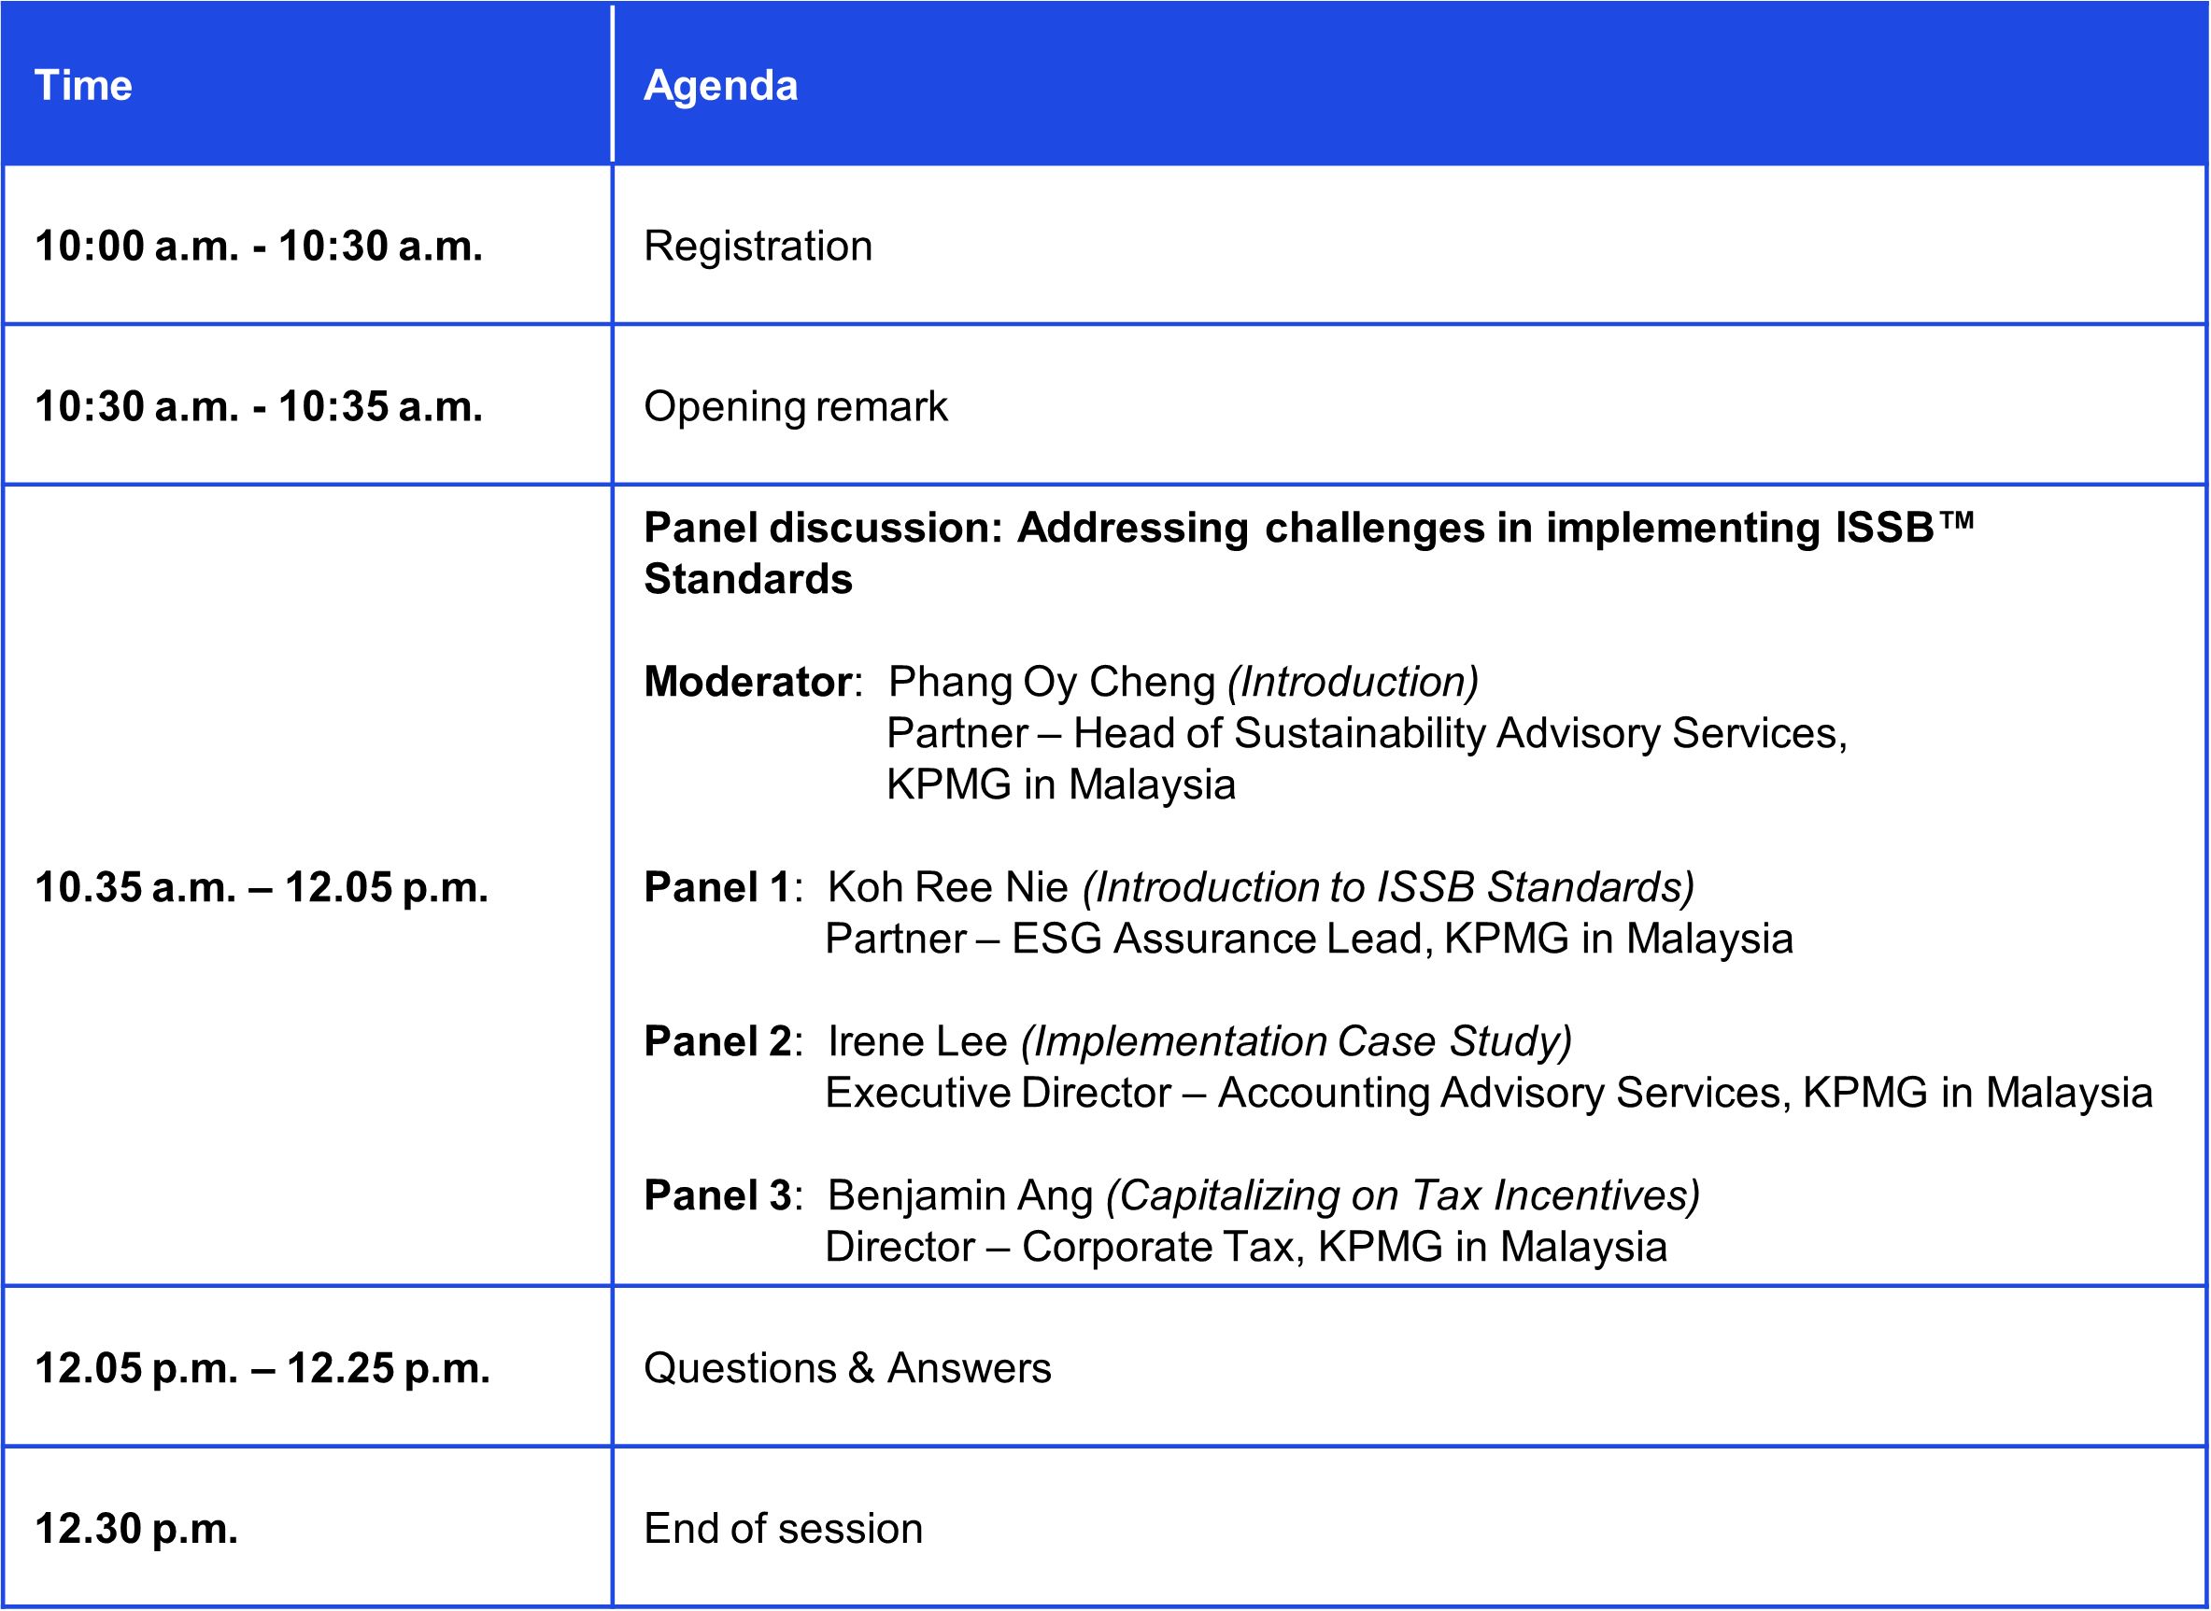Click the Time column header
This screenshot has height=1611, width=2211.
83,85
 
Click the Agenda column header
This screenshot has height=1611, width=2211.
721,86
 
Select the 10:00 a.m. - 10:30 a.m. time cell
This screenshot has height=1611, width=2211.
259,246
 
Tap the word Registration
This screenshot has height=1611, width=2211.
758,247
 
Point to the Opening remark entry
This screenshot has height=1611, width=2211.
795,406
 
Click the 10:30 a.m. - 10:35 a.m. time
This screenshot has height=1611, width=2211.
259,406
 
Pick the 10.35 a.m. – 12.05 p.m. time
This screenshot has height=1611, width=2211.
262,887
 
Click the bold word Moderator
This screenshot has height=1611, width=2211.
748,682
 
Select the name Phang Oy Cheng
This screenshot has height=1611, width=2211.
1052,683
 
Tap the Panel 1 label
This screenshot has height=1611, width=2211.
716,887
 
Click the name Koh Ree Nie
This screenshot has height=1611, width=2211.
948,887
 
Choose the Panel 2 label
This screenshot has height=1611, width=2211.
716,1041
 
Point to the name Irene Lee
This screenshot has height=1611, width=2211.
916,1041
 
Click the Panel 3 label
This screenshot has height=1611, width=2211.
716,1195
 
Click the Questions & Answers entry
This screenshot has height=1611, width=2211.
847,1368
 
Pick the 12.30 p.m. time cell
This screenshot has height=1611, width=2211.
136,1529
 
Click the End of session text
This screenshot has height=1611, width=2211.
783,1529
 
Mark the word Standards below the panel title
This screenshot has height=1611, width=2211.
748,579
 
